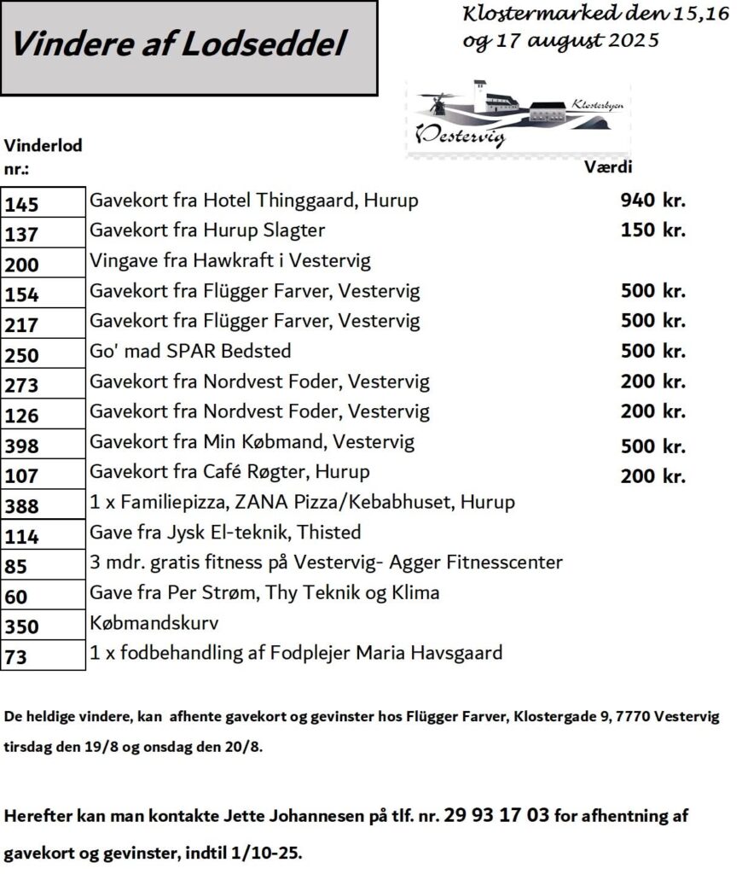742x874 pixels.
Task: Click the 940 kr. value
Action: [652, 201]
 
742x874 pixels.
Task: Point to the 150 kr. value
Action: [652, 230]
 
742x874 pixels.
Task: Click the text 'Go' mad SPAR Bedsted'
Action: [190, 351]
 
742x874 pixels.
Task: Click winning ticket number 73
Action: [16, 657]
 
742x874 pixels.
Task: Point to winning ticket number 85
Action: [16, 566]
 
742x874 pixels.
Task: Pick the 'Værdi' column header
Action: [606, 167]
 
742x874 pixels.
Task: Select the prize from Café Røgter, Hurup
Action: [229, 472]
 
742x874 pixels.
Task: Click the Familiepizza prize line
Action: [302, 502]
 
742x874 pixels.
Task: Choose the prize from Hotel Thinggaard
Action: [254, 201]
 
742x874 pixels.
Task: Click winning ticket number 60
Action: [16, 597]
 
